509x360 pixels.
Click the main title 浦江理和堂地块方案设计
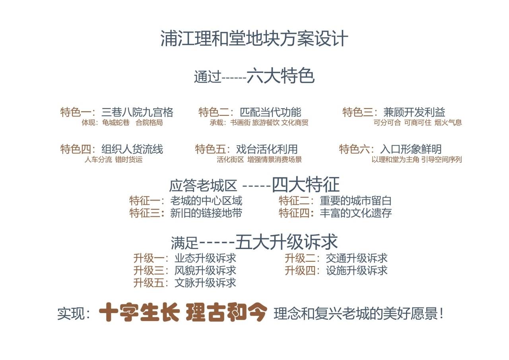[254, 39]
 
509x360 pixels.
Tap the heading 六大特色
[281, 76]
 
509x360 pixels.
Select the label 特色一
[76, 112]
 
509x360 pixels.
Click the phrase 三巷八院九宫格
[137, 112]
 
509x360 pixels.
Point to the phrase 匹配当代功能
[270, 112]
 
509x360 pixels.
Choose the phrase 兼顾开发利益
[414, 112]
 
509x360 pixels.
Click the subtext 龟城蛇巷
[116, 123]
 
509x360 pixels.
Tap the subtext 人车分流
[98, 160]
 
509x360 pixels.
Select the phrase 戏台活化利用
[267, 149]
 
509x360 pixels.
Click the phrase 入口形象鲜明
[411, 149]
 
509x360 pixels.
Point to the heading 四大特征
[306, 185]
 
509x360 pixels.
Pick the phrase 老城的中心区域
[206, 201]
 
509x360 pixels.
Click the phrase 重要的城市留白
[356, 201]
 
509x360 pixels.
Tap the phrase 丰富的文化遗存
[356, 213]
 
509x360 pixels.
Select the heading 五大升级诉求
[286, 242]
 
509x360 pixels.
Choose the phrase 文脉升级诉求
[206, 283]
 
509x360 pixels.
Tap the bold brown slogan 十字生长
[140, 312]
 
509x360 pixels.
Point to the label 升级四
[300, 270]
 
